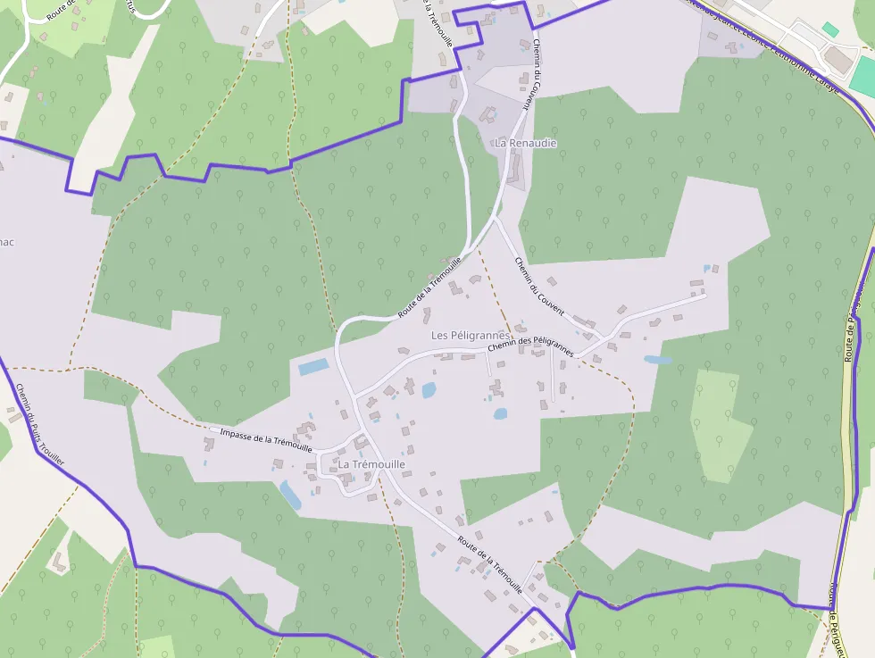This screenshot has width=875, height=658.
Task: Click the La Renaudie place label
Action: tap(526, 143)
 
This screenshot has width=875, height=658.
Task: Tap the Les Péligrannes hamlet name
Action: tap(470, 335)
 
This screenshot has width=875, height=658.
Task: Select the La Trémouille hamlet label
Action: tap(371, 465)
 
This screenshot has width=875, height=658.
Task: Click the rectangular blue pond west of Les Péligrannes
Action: tap(313, 367)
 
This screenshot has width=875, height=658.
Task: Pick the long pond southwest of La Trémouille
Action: tap(290, 494)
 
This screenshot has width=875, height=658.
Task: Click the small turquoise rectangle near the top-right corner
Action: tap(830, 29)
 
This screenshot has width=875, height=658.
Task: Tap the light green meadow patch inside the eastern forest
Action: tap(720, 424)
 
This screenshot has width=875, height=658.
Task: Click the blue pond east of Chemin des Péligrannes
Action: tap(658, 361)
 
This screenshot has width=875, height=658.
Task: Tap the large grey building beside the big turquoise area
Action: tap(837, 60)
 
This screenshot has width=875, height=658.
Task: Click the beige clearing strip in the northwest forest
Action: tap(98, 125)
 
